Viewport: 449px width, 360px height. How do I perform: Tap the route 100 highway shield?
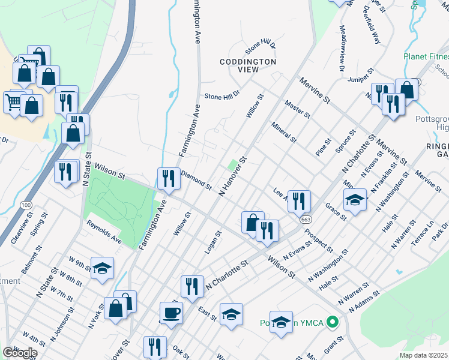tap(25, 205)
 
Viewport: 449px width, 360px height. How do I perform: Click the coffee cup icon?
tap(171, 313)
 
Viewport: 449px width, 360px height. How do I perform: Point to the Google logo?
tap(20, 353)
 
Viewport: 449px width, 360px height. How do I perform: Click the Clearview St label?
tap(21, 230)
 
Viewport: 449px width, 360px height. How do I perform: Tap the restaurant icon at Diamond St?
tap(169, 178)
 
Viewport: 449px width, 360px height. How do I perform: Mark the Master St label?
tap(298, 109)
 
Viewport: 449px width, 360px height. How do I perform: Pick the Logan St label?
tap(213, 242)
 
